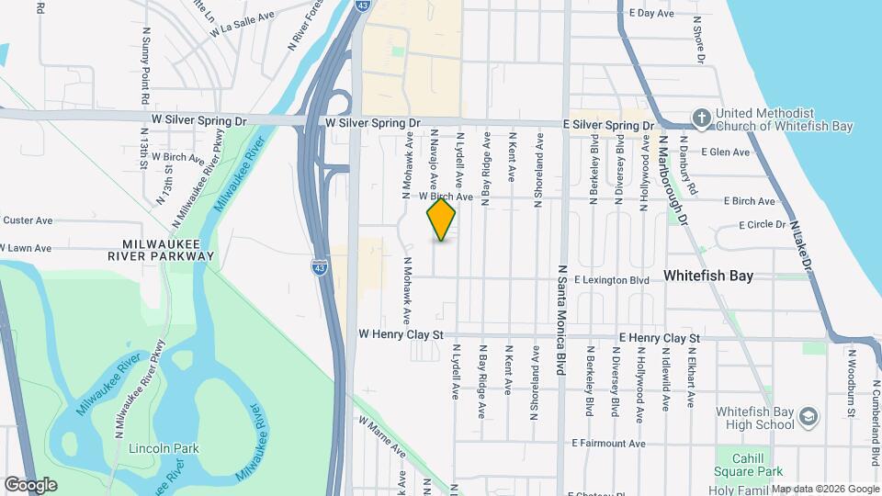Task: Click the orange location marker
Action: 441,219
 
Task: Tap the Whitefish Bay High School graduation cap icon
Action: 808,416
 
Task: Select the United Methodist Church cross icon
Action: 701,118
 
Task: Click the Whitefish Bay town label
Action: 708,275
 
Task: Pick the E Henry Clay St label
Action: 660,338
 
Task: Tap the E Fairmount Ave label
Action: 621,443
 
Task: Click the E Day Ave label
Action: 651,14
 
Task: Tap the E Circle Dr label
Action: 763,224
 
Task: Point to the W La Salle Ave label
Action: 243,27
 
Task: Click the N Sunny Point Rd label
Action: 145,64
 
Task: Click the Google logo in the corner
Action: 30,484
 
